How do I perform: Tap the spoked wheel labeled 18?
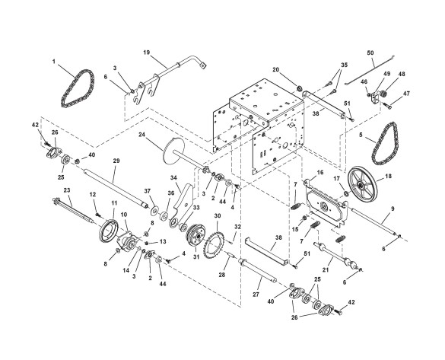point(363,183)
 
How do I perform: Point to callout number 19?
point(147,53)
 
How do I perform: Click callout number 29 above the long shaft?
point(116,161)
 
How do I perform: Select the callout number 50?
point(370,53)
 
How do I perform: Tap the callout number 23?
point(67,190)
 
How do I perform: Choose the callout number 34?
point(173,178)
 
